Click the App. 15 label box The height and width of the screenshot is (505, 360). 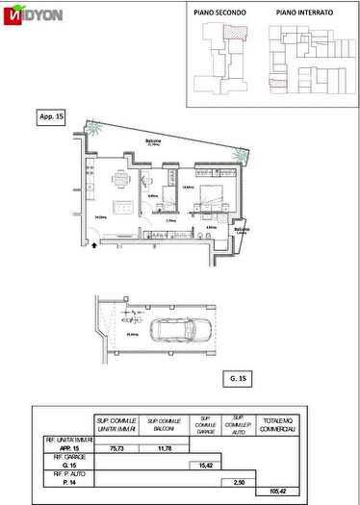pyautogui.click(x=51, y=116)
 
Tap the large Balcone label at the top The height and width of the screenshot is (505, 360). pyautogui.click(x=153, y=139)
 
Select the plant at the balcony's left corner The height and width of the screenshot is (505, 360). pyautogui.click(x=92, y=128)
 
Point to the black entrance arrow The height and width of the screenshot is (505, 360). pyautogui.click(x=92, y=255)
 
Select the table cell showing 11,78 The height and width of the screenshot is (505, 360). pyautogui.click(x=158, y=446)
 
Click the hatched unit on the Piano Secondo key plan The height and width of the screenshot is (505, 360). pyautogui.click(x=232, y=33)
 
